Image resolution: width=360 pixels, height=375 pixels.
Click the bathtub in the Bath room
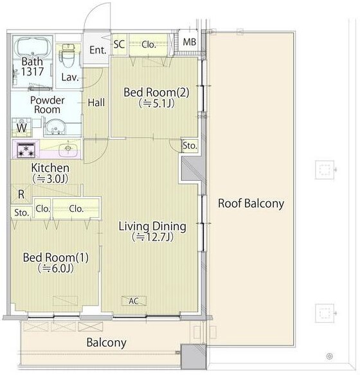click(x=33, y=48)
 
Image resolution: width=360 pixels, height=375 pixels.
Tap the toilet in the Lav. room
click(x=69, y=55)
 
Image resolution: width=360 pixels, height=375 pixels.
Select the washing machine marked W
click(x=21, y=127)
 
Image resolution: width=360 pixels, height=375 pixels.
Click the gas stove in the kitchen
click(x=26, y=151)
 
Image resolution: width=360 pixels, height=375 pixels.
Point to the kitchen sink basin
click(x=68, y=150)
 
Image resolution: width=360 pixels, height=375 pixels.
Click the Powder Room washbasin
click(x=55, y=127)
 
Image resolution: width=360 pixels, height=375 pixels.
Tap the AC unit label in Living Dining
click(x=134, y=301)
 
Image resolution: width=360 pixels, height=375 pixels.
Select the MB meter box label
click(x=190, y=42)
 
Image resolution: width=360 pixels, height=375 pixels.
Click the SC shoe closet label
click(x=119, y=44)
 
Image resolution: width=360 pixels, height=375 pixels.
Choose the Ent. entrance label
click(x=98, y=50)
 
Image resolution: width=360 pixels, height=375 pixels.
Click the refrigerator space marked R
click(x=21, y=194)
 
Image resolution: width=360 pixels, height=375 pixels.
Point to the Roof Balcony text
click(x=251, y=203)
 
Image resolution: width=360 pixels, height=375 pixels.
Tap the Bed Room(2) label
click(x=156, y=93)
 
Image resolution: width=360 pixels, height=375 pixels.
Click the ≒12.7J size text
click(x=153, y=237)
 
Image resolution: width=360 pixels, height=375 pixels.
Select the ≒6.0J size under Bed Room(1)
click(x=56, y=268)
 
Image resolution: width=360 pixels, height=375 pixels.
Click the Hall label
click(x=96, y=103)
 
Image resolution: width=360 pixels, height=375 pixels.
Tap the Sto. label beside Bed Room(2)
click(x=190, y=145)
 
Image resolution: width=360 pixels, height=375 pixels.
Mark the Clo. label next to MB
click(x=148, y=44)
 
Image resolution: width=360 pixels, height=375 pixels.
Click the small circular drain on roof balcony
click(x=329, y=356)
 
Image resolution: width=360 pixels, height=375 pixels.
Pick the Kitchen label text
click(x=50, y=168)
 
